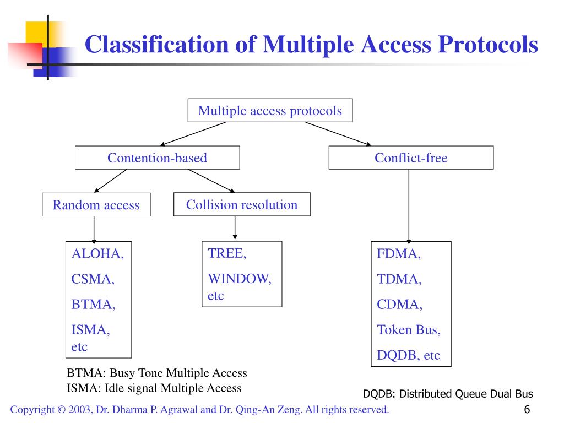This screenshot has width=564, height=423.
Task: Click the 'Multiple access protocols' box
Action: pos(270,111)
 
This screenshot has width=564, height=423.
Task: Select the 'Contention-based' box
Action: pos(157,158)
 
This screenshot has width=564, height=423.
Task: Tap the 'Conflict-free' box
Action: pos(411,158)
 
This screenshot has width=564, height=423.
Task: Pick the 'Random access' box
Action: pos(96,205)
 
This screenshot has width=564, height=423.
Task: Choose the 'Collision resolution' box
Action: pos(241,205)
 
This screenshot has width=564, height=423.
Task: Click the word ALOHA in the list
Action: pos(97,254)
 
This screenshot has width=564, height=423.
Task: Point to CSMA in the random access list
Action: pos(93,279)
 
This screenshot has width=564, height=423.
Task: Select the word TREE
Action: pos(226,253)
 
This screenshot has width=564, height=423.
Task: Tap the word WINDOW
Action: pos(239,279)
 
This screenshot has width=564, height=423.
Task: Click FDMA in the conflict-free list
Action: pos(399,254)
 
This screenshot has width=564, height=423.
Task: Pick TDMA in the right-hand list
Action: pos(399,279)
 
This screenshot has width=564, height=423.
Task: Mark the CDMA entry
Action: pos(399,305)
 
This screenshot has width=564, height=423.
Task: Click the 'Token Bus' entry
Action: pos(408,330)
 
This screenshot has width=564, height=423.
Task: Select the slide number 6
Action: pos(527,409)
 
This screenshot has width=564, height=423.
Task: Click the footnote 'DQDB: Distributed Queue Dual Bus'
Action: pos(448,394)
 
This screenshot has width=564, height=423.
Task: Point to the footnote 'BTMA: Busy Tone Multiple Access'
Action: pos(157,373)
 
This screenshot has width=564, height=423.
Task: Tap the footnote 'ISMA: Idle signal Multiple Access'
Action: pos(154,388)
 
